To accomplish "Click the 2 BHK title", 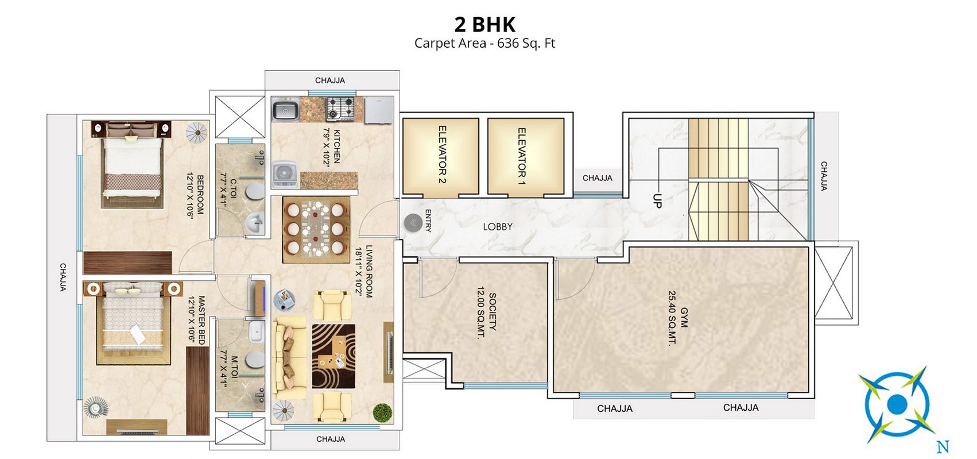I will point(484,25).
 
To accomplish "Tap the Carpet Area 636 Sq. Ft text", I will point(484,43).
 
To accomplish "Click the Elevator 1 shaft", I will point(525,156).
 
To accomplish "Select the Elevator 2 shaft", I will point(441,156).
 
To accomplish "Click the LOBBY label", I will point(497,227).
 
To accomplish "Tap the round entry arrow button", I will point(413,223).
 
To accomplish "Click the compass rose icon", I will point(896,404).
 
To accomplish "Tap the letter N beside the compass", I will point(943,446).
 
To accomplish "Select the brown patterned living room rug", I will point(334,356).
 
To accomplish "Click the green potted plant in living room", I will point(382,412).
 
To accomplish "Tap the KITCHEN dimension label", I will point(332,146).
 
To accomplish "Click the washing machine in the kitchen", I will point(285,173).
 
